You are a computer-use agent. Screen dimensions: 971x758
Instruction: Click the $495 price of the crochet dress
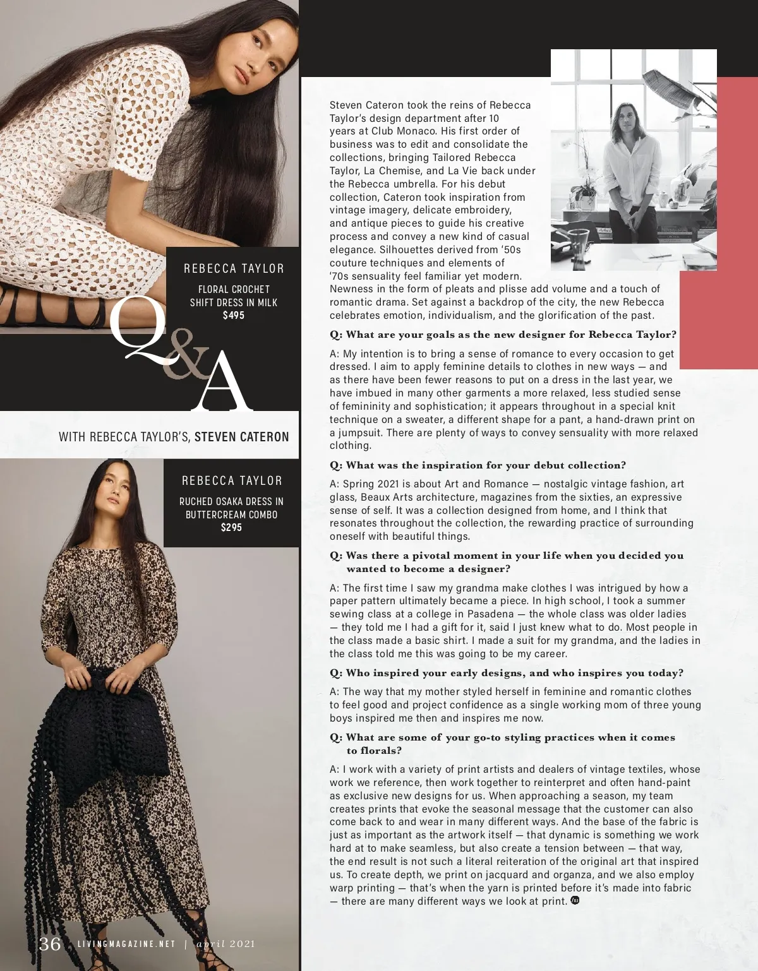tap(233, 315)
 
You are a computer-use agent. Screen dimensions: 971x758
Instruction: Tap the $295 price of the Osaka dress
tap(231, 527)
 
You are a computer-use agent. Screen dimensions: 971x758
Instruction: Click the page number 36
tap(50, 943)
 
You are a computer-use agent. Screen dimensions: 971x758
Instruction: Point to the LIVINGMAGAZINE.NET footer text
tap(126, 944)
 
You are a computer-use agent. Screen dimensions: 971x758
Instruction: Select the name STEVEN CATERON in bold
tap(241, 436)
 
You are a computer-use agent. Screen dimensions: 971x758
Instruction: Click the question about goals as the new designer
tap(503, 335)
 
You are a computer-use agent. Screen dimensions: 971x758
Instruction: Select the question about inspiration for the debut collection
tap(478, 465)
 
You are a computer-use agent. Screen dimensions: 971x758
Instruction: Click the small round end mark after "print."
tap(575, 900)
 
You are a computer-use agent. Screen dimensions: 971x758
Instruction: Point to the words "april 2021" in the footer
tap(226, 944)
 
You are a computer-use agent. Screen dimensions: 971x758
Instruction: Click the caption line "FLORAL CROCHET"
tap(234, 289)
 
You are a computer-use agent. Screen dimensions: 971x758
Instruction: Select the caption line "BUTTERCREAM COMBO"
tap(231, 515)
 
